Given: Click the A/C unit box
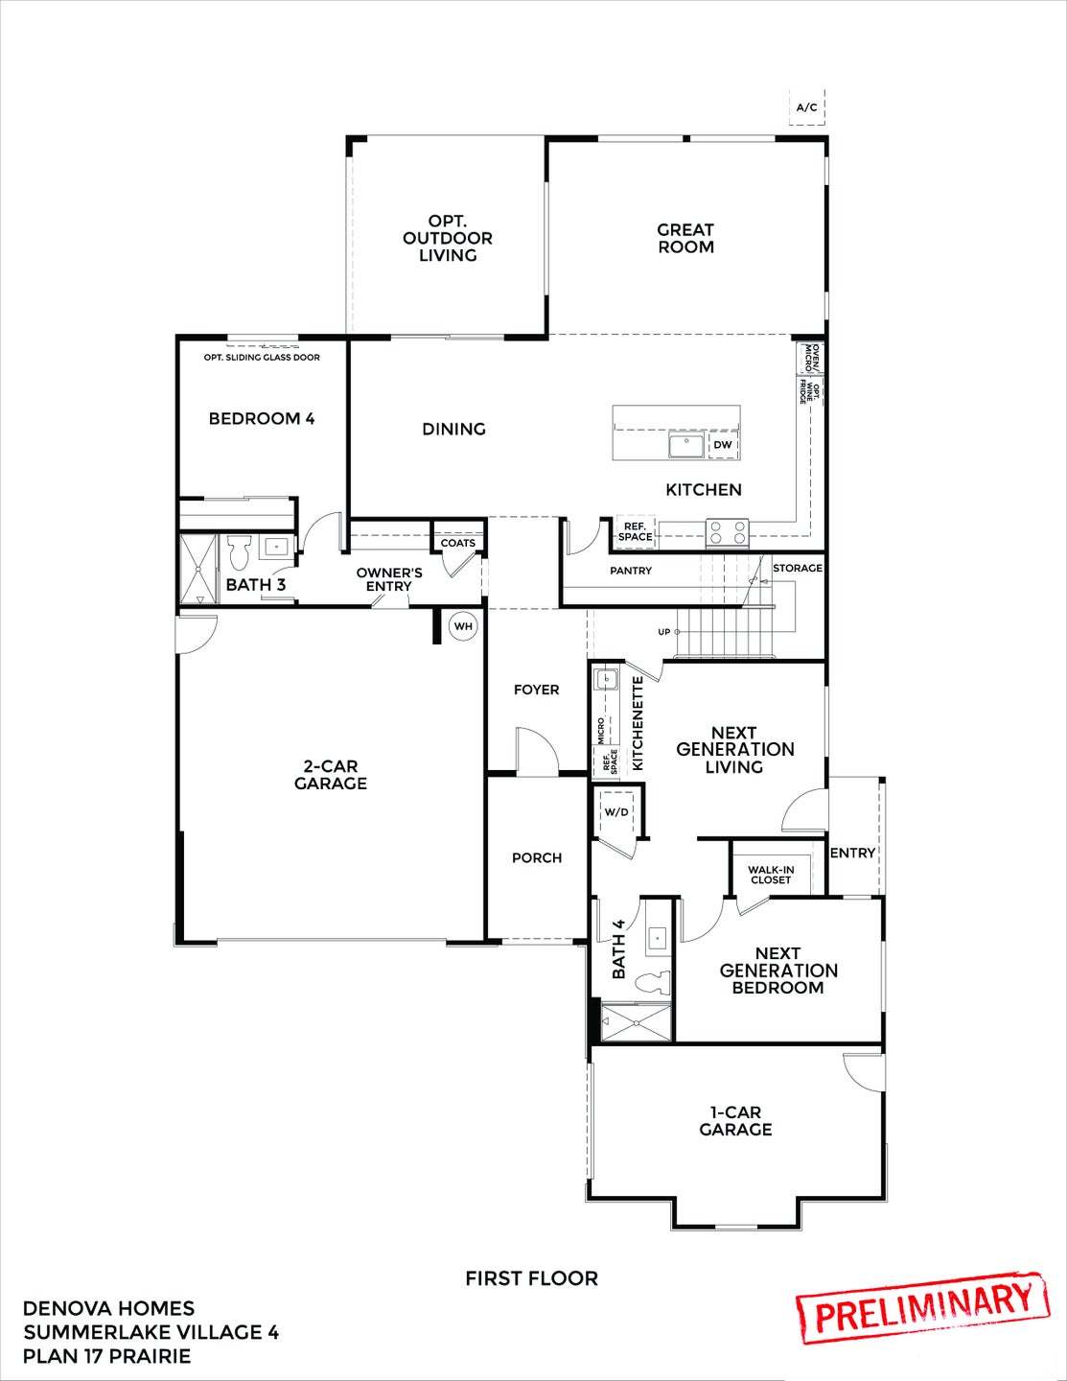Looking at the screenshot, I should (x=807, y=107).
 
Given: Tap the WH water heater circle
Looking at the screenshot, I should (x=464, y=626).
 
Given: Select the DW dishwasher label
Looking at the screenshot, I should (x=722, y=445).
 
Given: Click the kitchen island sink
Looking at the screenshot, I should (x=686, y=445).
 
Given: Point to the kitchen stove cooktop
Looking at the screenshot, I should (x=728, y=530).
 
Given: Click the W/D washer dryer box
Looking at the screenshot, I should (x=616, y=812).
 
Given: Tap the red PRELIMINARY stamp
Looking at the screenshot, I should (x=919, y=1302).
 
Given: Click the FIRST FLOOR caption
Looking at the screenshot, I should (x=531, y=1278).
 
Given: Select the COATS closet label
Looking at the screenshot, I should (x=458, y=543).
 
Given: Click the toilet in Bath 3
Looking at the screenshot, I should (x=240, y=553).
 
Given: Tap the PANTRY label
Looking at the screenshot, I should (x=631, y=571).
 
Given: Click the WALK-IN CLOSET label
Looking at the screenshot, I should (x=771, y=875).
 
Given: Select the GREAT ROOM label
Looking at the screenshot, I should (x=685, y=238).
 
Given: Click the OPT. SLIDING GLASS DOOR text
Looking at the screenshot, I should (x=262, y=358).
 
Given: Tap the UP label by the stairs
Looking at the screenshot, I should (x=663, y=632).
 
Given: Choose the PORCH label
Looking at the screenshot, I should (x=537, y=857).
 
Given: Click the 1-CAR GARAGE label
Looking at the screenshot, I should (x=735, y=1121).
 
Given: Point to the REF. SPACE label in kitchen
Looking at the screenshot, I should (x=635, y=531).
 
